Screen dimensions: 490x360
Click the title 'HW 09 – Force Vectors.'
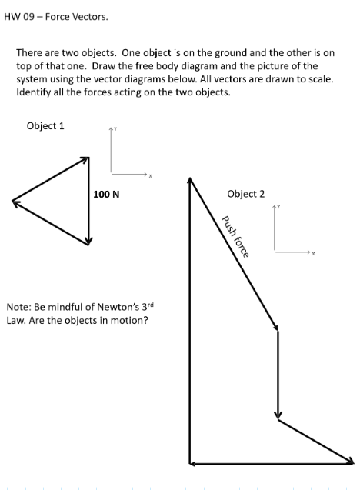tap(56, 15)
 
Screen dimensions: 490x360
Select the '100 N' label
tap(106, 195)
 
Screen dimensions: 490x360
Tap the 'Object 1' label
tap(45, 126)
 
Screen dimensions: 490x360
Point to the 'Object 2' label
tap(246, 194)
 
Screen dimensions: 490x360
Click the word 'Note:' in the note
tap(19, 307)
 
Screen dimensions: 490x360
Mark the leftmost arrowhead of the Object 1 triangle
tap(15, 202)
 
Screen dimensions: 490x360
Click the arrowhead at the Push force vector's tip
tap(275, 328)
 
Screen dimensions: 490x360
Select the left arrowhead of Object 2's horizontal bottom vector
tap(192, 463)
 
